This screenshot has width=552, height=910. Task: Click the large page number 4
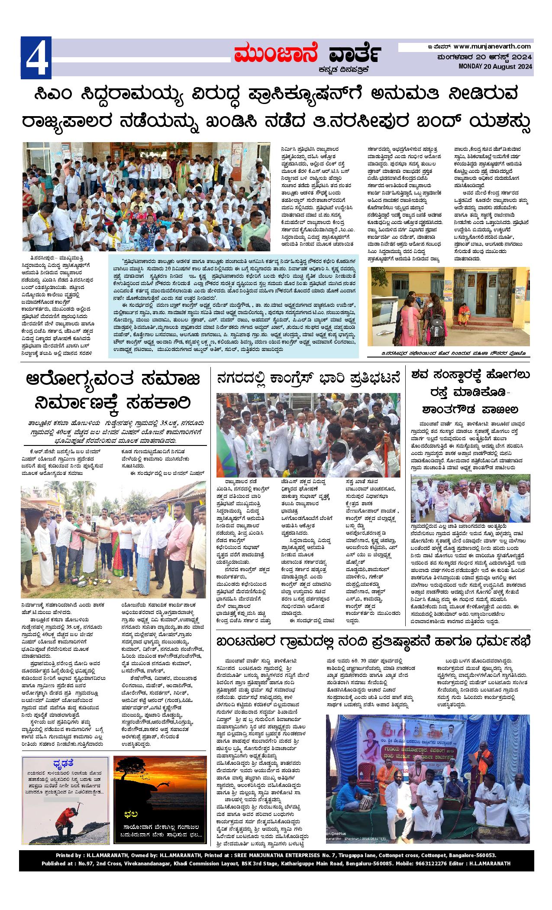coord(36,58)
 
